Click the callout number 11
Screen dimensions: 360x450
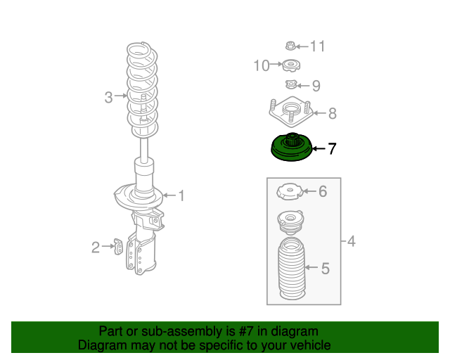(x=318, y=46)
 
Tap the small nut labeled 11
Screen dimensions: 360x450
(x=290, y=46)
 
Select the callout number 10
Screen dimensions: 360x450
(x=262, y=65)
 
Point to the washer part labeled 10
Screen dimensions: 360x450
(x=290, y=67)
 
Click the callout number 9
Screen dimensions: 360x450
(x=316, y=86)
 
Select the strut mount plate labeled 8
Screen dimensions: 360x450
(x=290, y=112)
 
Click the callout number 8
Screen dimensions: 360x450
(x=332, y=112)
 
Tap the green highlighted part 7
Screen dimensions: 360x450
(x=291, y=148)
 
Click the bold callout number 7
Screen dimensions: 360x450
(x=332, y=148)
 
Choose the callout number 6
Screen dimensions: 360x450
(x=323, y=191)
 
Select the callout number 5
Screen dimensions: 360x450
(x=325, y=268)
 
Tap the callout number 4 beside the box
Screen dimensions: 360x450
(x=351, y=243)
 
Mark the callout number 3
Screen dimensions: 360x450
(x=108, y=98)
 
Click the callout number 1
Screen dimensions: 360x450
(x=181, y=195)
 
